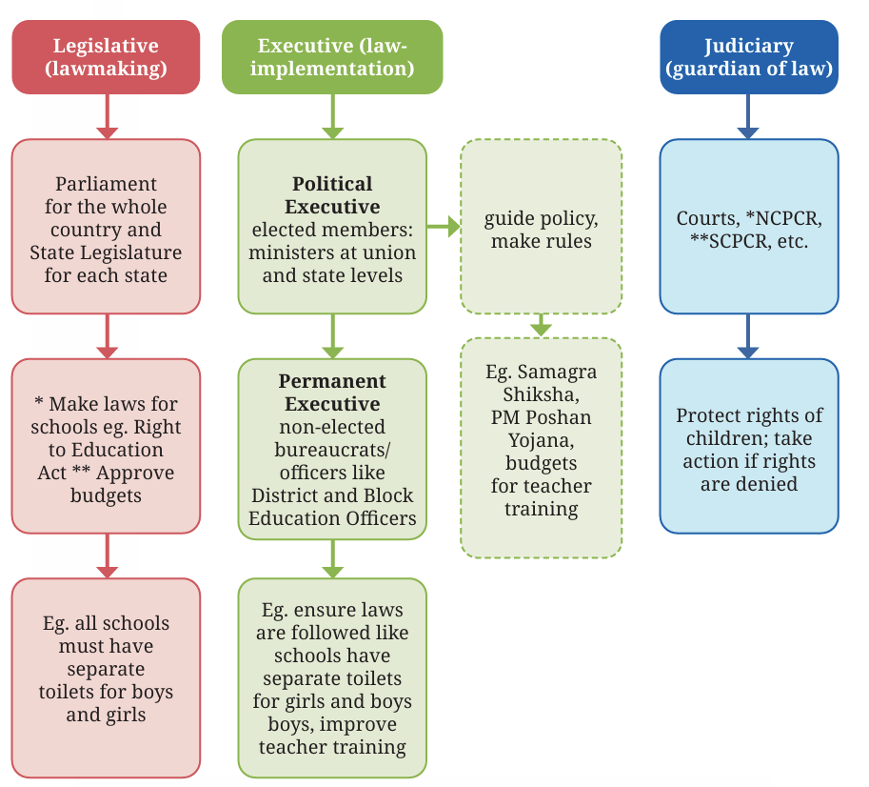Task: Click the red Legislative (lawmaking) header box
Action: [x=106, y=57]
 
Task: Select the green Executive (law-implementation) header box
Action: [x=332, y=57]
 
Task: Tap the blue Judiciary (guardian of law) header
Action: [x=749, y=57]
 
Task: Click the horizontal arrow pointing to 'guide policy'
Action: [x=444, y=226]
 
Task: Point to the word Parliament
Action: [x=106, y=184]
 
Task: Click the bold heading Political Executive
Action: [x=332, y=194]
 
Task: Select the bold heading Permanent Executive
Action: [x=332, y=393]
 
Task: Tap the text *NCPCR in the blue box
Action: [x=783, y=218]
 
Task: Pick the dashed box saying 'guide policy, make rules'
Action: [x=542, y=226]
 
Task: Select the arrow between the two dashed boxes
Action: [x=541, y=325]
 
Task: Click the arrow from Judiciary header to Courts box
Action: [x=748, y=116]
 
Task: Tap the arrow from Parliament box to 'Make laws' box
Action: [x=107, y=336]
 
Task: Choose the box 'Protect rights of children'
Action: [x=749, y=446]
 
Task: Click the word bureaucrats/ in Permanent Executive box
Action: [x=332, y=450]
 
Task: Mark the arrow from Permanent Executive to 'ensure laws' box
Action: [x=332, y=559]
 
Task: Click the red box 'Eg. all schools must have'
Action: [x=106, y=677]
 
